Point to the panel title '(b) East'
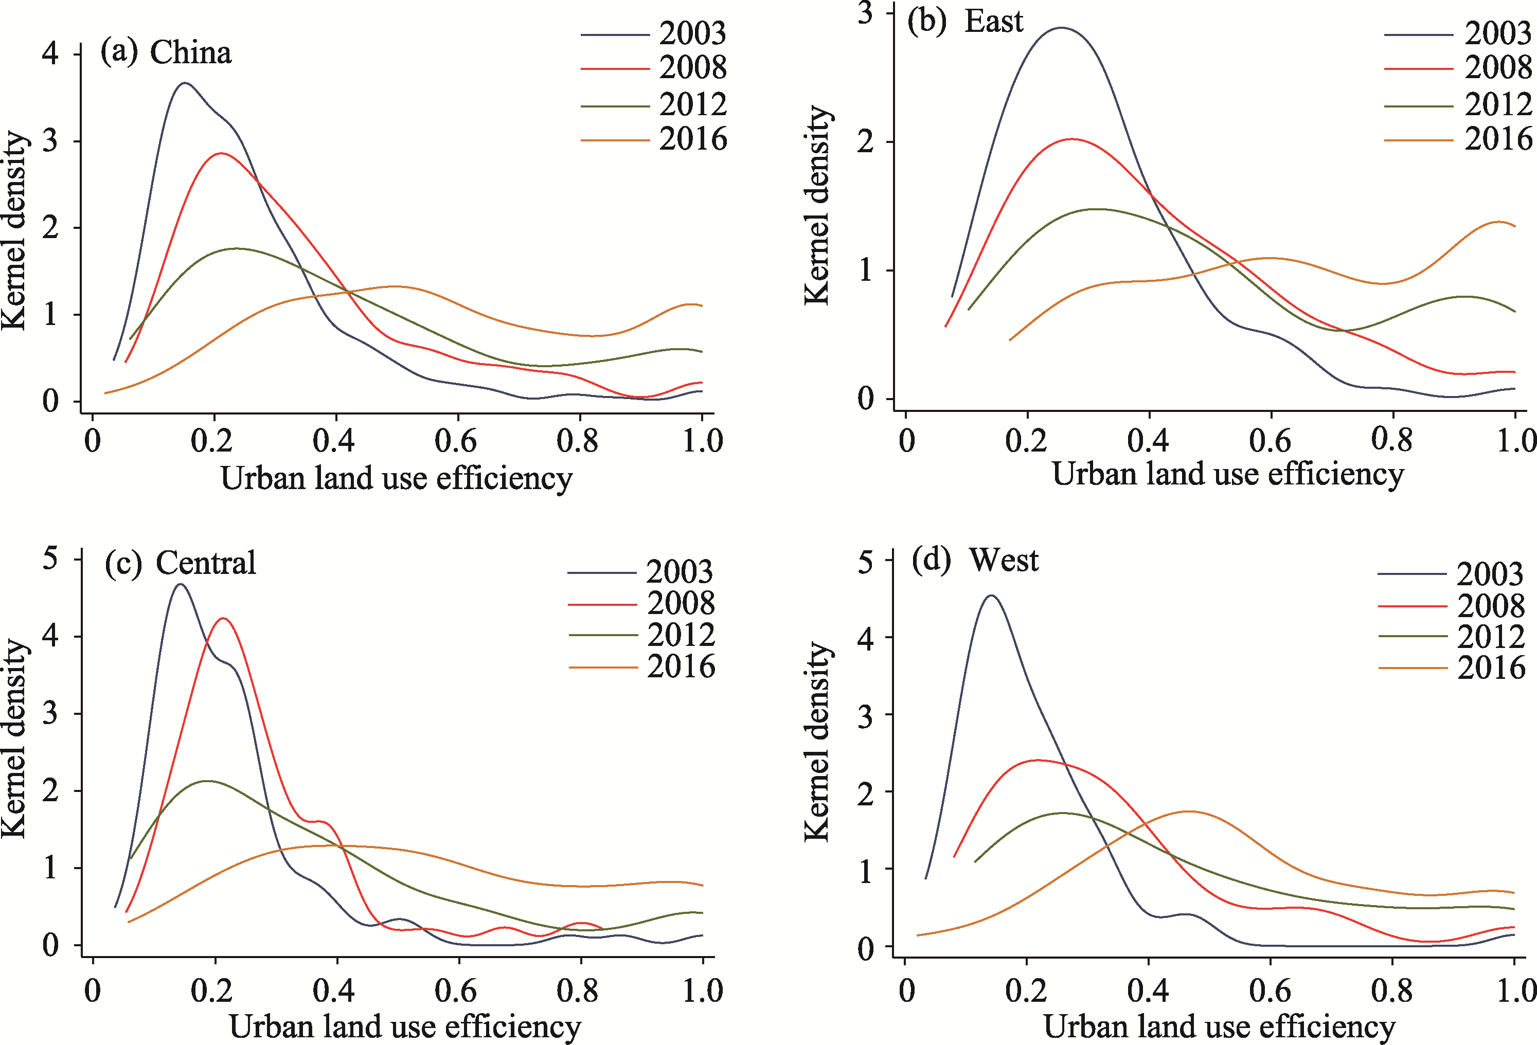click(x=965, y=21)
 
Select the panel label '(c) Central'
click(x=180, y=564)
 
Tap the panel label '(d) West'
click(x=975, y=560)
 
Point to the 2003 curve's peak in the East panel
click(x=1062, y=28)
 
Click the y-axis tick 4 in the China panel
click(x=50, y=53)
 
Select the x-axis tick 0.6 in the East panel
click(x=1270, y=441)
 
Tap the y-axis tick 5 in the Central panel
click(x=50, y=559)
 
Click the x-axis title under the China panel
click(x=397, y=478)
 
